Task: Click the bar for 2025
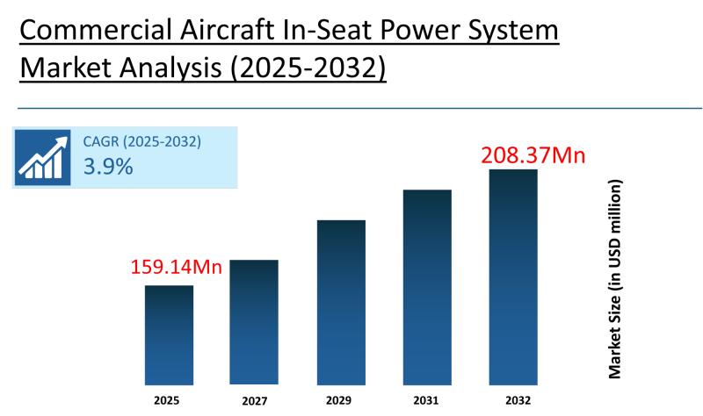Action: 169,335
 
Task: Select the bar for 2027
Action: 254,322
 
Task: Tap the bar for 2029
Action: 341,302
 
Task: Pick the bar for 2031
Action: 427,287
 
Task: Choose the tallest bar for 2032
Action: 513,276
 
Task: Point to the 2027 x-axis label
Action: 253,400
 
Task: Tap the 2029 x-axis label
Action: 341,400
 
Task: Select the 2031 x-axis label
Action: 427,400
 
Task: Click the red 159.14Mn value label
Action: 176,267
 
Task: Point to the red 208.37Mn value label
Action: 533,155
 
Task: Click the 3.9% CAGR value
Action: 108,166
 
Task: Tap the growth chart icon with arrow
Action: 42,157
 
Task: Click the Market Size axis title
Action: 615,279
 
